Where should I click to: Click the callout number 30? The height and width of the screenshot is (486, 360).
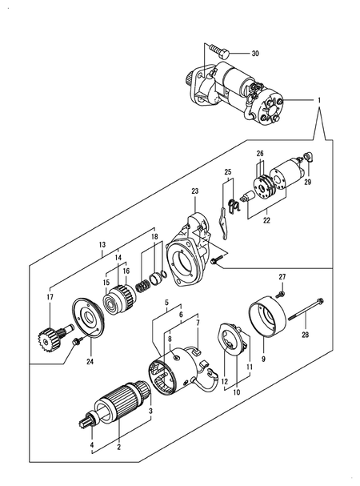point(254,54)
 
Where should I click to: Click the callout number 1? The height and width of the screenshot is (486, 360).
point(319,101)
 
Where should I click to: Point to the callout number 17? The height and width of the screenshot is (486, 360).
point(50,298)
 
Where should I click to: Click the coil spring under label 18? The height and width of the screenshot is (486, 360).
point(145,281)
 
